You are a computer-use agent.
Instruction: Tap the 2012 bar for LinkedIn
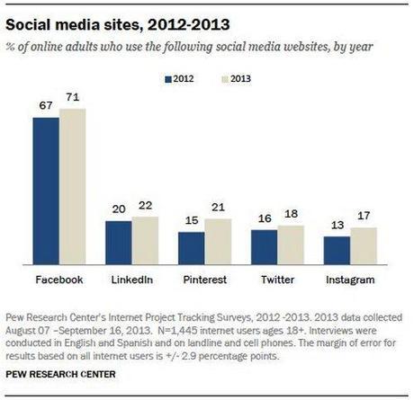pyautogui.click(x=118, y=242)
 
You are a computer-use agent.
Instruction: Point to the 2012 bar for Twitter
pyautogui.click(x=264, y=246)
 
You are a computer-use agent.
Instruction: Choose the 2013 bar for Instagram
pyautogui.click(x=363, y=245)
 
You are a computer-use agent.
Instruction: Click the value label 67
pyautogui.click(x=46, y=107)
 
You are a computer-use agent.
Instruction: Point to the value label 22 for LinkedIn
pyautogui.click(x=145, y=207)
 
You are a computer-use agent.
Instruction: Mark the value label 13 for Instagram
pyautogui.click(x=337, y=227)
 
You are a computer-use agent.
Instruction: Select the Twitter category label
pyautogui.click(x=276, y=280)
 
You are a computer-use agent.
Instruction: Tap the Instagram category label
pyautogui.click(x=349, y=280)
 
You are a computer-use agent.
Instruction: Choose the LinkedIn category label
pyautogui.click(x=130, y=280)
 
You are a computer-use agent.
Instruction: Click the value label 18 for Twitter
pyautogui.click(x=290, y=216)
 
